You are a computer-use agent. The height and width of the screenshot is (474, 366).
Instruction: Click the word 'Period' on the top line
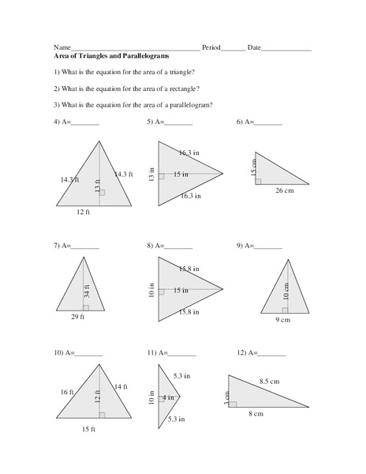click(211, 48)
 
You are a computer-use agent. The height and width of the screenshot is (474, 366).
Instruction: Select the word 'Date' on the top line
click(254, 48)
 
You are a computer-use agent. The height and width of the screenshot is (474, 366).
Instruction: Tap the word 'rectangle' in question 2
click(181, 88)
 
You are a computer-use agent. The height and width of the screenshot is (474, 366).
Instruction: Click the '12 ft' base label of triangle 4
click(84, 212)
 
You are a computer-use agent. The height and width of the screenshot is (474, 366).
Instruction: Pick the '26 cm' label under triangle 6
click(285, 190)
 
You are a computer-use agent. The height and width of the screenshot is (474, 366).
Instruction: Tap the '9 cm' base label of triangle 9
click(282, 319)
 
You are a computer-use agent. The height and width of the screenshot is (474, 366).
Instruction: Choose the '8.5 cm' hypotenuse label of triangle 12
click(268, 382)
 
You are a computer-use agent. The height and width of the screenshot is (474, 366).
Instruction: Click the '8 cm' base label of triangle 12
click(255, 413)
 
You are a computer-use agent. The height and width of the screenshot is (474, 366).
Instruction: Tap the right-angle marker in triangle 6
click(258, 181)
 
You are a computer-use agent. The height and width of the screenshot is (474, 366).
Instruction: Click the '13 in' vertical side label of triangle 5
click(151, 172)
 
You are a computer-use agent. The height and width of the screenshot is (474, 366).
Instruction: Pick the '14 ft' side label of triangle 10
click(121, 386)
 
